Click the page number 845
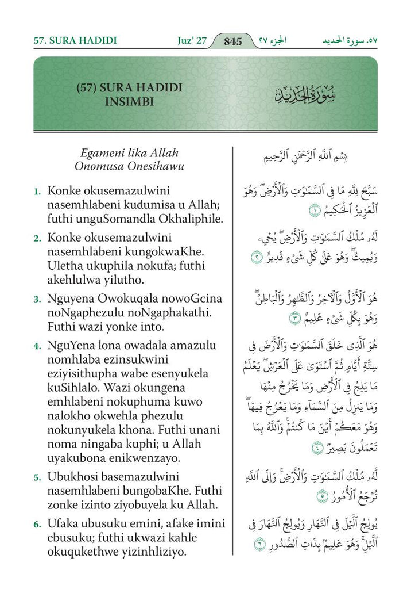click(233, 41)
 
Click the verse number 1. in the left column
click(37, 190)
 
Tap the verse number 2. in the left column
click(37, 238)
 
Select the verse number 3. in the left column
click(37, 299)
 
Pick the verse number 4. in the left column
click(37, 346)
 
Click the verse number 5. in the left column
click(37, 477)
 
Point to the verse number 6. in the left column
click(37, 524)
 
